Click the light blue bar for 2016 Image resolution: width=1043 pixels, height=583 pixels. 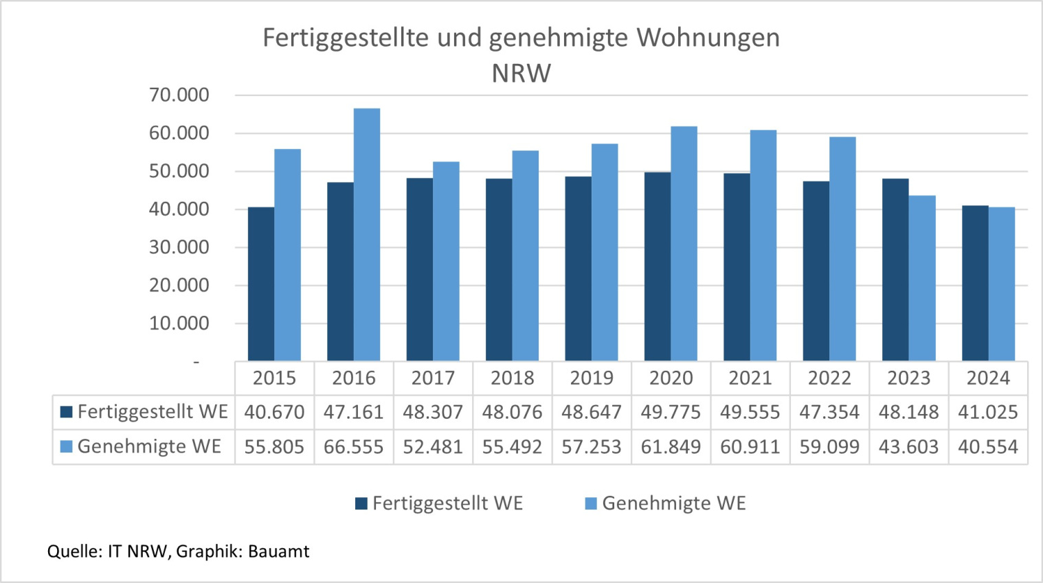(367, 235)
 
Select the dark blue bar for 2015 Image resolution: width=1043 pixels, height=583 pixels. (261, 284)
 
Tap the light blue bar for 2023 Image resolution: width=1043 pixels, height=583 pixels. (922, 278)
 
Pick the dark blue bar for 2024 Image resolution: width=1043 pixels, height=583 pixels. (975, 283)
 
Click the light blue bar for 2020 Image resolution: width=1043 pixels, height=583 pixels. (684, 243)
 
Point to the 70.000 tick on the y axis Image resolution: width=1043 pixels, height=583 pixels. (179, 95)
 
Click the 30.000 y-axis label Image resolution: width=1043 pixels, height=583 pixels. (179, 247)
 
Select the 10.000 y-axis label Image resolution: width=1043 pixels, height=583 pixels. (179, 323)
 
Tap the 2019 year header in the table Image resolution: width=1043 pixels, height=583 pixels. (592, 378)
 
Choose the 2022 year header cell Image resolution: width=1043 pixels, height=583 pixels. (829, 378)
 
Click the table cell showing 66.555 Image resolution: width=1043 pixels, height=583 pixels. (353, 447)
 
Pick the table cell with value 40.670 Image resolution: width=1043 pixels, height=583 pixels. (274, 412)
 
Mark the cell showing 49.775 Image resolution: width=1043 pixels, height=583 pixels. (671, 412)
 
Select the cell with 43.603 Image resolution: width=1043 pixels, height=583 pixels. (908, 447)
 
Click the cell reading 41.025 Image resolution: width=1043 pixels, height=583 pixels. (988, 412)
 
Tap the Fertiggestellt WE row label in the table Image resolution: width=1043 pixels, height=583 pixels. (152, 412)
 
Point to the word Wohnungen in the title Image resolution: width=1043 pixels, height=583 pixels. (708, 38)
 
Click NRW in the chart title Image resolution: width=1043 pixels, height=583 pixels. (521, 73)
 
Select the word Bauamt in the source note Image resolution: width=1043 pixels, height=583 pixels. (278, 551)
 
